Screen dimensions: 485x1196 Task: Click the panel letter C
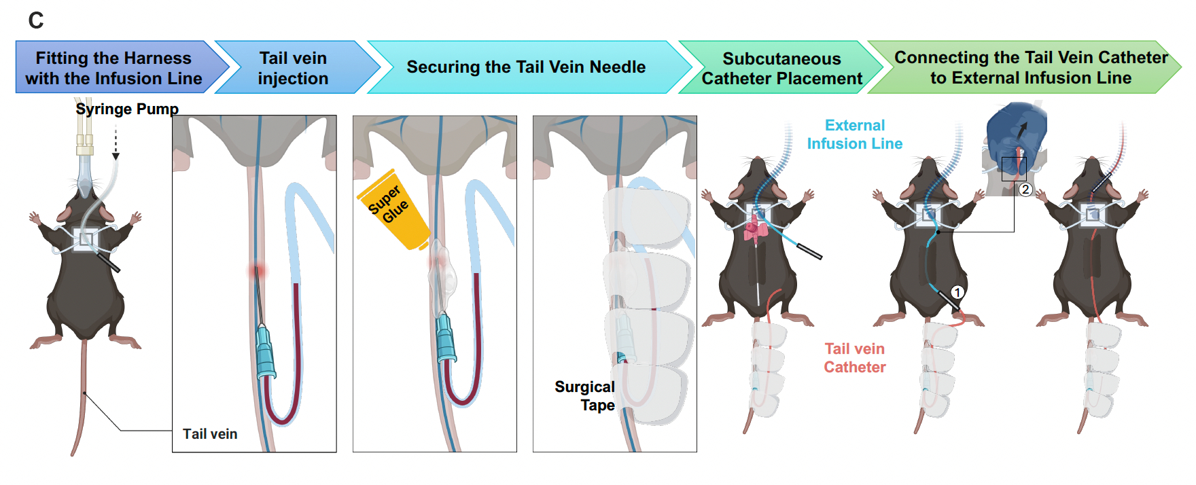36,21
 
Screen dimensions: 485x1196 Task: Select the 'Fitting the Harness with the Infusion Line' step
113,68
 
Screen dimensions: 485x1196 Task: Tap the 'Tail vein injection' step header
293,68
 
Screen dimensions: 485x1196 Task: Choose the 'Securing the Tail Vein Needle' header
525,67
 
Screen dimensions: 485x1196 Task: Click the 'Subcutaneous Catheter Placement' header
781,69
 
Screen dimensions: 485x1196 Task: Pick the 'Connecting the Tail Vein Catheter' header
1030,67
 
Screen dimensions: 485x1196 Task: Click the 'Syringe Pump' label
127,109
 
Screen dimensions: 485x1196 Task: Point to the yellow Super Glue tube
393,208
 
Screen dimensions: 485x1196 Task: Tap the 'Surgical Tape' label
585,396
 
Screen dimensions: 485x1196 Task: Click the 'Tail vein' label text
210,434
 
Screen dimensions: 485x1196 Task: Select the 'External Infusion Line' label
854,134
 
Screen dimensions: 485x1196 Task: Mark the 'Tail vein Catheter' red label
854,358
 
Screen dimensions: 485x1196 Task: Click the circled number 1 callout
957,293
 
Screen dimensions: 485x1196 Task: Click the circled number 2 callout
1025,190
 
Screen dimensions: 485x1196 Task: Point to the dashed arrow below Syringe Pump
116,143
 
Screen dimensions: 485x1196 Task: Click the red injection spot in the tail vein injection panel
257,272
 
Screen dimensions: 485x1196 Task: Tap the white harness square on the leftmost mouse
86,239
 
